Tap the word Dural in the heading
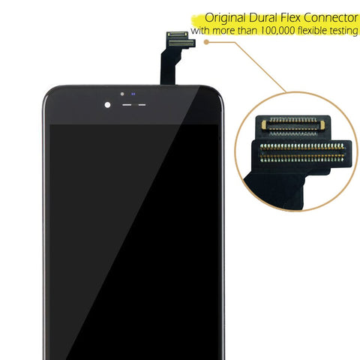pos(262,18)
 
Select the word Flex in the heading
pos(290,18)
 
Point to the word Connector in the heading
pos(331,18)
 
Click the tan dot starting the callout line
pos(206,42)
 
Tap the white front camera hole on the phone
pos(107,105)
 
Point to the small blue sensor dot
pos(133,94)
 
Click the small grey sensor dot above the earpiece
pos(122,94)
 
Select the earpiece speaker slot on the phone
pos(134,105)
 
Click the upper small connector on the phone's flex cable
pos(177,34)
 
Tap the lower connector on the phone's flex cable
pos(181,43)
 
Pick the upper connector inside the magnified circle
pos(293,126)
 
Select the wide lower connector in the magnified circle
pos(302,153)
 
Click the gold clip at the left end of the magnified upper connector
pos(264,124)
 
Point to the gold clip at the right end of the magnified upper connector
pos(322,125)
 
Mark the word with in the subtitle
pos(200,31)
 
